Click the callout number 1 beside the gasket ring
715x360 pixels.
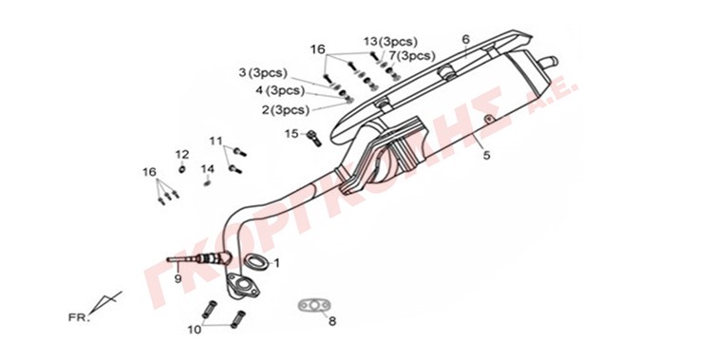276,263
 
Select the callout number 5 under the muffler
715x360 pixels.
486,155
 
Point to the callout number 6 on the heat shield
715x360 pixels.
465,40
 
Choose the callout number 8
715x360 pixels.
332,321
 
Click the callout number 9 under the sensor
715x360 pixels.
178,278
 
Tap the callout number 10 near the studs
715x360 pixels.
195,330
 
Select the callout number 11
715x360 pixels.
216,141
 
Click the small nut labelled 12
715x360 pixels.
181,170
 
